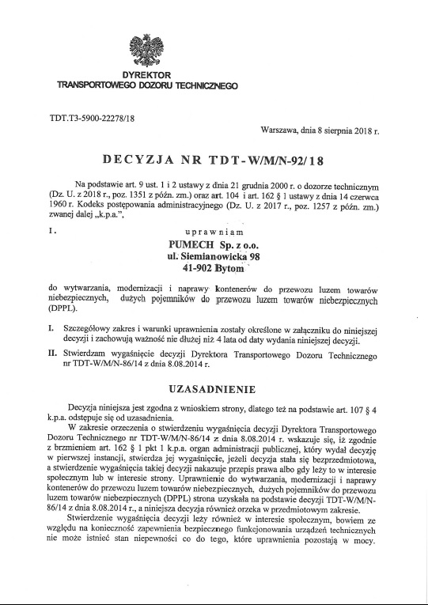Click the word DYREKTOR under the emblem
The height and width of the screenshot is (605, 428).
tap(146, 74)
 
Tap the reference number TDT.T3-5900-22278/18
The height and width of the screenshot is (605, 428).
tap(93, 118)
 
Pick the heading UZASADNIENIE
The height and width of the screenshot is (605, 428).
tap(214, 390)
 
